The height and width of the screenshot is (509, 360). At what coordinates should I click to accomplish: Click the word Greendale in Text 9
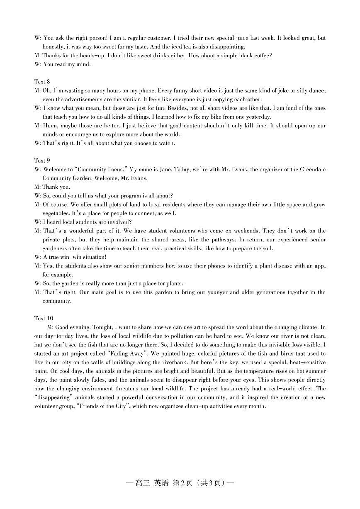click(312, 169)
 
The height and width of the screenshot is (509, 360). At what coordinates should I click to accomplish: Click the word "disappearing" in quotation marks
click(49, 397)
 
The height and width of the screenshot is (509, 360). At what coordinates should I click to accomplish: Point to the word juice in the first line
click(243, 38)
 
